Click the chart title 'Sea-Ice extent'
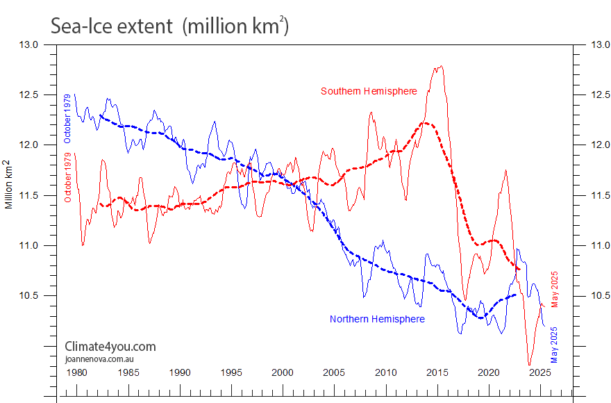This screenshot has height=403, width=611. click(111, 26)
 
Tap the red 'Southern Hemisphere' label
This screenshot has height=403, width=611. click(369, 92)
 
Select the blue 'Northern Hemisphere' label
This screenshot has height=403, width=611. click(377, 319)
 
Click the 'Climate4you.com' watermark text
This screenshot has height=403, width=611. click(110, 347)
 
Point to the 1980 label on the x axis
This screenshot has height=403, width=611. click(76, 372)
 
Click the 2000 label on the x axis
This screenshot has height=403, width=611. click(283, 372)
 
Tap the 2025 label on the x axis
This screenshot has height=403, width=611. click(540, 372)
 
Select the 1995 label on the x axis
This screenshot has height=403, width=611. click(231, 372)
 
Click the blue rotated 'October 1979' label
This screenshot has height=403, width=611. click(68, 118)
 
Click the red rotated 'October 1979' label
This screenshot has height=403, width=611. click(68, 177)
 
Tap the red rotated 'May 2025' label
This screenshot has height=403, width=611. click(555, 290)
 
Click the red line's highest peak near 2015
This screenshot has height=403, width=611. click(441, 67)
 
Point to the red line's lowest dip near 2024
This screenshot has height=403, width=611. click(529, 364)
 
